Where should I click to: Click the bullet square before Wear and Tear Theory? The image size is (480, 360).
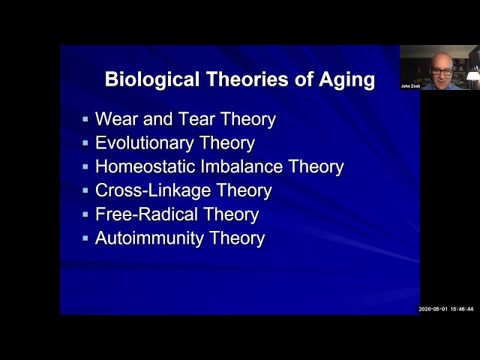85,119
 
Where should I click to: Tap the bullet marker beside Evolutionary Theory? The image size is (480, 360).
85,143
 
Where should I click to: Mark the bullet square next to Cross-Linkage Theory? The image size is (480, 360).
85,190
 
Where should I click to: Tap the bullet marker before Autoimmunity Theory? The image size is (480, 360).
85,238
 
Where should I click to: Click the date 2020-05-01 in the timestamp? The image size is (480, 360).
432,309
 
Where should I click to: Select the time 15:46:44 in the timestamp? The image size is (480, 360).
461,309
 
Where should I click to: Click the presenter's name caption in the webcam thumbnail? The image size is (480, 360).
410,86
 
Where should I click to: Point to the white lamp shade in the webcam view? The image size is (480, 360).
473,75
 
